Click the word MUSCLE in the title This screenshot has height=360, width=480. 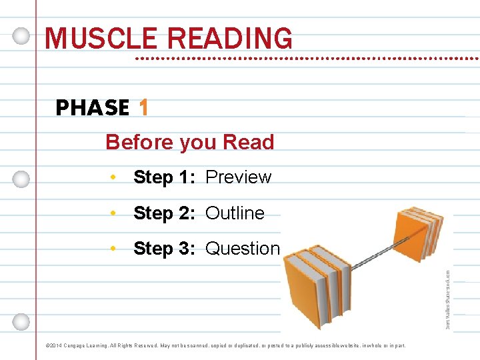point(91,39)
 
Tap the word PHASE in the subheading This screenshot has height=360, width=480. point(93,108)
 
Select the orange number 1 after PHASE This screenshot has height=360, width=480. point(143,107)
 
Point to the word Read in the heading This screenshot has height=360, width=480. point(249,142)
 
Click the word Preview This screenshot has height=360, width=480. point(238,177)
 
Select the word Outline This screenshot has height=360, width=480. point(235,213)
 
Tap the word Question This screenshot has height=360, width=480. point(243,249)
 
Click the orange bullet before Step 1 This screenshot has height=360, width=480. point(115,177)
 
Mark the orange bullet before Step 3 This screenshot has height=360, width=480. point(115,249)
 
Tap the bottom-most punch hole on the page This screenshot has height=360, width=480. point(21,321)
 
